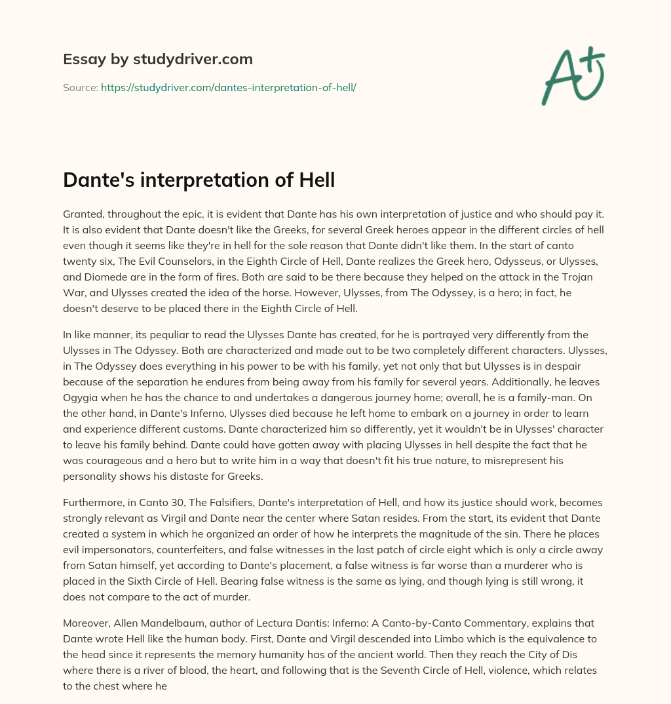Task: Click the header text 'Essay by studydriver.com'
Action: (x=157, y=59)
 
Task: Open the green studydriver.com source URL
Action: (x=228, y=87)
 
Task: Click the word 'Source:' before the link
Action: (x=80, y=87)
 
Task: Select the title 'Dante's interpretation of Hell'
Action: (x=199, y=180)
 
